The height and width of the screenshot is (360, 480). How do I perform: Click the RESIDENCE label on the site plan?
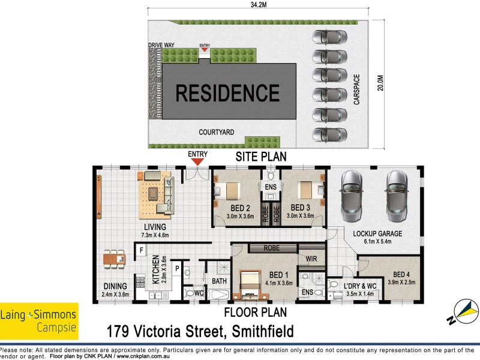point(227,93)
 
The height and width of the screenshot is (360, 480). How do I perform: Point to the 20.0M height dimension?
point(379,83)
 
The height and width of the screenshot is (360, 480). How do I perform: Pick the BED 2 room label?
point(240,208)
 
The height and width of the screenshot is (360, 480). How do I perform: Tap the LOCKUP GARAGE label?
point(377,233)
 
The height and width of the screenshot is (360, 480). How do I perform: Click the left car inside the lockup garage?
point(351,195)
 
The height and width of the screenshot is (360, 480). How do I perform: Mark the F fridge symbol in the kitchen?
point(142,249)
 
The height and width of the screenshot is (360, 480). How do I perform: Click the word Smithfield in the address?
point(259,331)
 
